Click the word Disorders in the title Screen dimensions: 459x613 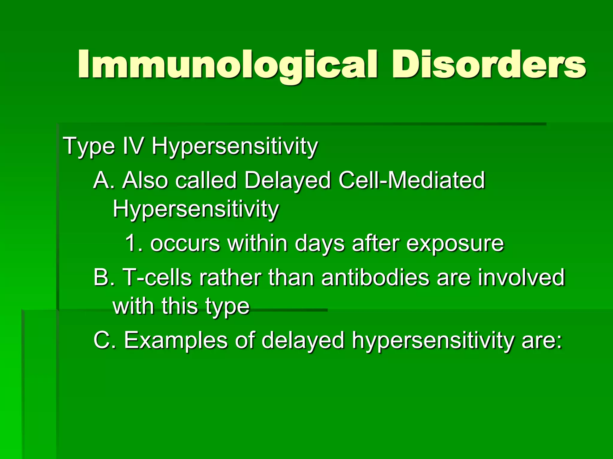coord(488,64)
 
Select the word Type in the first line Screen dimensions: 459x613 coord(89,146)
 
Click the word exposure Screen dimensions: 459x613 coord(455,244)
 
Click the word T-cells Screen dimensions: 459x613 coord(157,277)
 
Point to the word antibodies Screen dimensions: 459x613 coord(375,277)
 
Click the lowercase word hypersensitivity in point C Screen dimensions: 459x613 coord(433,341)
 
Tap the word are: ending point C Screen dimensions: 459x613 coord(542,341)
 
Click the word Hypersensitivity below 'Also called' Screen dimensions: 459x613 coord(196,209)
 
